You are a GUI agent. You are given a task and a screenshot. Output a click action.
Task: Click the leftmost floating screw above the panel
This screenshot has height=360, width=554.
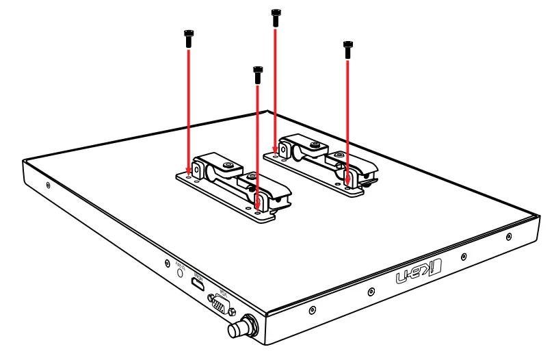[x=187, y=38]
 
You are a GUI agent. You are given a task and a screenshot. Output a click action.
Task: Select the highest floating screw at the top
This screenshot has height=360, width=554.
[x=276, y=18]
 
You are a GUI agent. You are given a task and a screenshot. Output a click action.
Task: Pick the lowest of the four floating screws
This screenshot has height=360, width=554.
[x=257, y=75]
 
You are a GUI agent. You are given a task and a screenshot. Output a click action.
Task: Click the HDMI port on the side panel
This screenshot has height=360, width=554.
[x=197, y=284]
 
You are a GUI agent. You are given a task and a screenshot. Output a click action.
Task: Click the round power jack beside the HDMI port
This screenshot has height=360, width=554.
[x=181, y=271]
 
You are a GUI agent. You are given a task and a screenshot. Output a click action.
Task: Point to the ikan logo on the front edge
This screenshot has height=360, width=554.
[x=410, y=274]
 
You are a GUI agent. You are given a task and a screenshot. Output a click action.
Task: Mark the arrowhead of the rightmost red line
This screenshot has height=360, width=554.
[x=348, y=179]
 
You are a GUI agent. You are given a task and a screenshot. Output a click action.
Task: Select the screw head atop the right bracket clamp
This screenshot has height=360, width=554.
[x=313, y=145]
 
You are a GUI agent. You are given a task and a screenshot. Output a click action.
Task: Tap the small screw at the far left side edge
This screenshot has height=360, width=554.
[x=47, y=185]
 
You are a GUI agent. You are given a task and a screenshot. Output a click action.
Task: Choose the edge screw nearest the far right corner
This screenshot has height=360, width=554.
[x=508, y=237]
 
